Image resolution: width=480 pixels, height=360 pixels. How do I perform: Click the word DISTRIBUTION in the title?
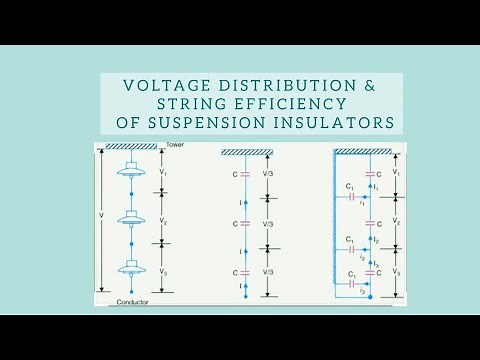point(283,85)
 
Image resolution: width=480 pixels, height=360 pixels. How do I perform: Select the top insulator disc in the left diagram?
point(131,172)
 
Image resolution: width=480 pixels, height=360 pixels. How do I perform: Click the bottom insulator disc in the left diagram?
point(131,268)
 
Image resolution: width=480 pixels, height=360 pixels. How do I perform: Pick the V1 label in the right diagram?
point(397,173)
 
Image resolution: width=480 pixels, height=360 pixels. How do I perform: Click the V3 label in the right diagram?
point(397,272)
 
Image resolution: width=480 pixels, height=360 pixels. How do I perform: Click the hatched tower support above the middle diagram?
point(248,153)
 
